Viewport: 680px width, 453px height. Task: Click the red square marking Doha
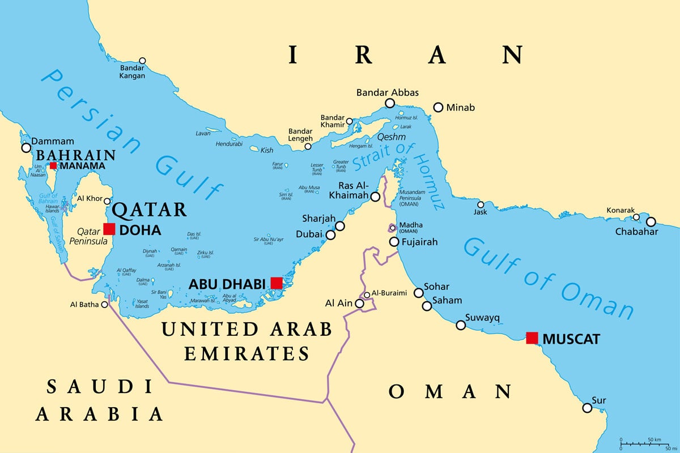pyautogui.click(x=109, y=229)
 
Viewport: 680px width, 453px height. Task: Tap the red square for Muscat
pyautogui.click(x=532, y=338)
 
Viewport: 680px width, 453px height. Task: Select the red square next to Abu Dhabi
pyautogui.click(x=277, y=283)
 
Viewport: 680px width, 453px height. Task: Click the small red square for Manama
pyautogui.click(x=53, y=166)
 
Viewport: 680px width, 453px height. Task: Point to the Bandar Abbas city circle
pyautogui.click(x=390, y=103)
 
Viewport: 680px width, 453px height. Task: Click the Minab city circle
pyautogui.click(x=438, y=107)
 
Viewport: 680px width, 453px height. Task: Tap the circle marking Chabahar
pyautogui.click(x=651, y=221)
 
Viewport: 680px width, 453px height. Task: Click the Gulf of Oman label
pyautogui.click(x=547, y=277)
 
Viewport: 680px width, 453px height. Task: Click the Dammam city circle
pyautogui.click(x=26, y=148)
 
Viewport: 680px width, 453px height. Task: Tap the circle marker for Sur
pyautogui.click(x=588, y=408)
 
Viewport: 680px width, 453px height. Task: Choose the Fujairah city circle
pyautogui.click(x=394, y=242)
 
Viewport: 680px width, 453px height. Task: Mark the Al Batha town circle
pyautogui.click(x=104, y=305)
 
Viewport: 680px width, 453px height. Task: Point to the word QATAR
pyautogui.click(x=150, y=210)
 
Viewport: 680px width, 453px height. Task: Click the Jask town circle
pyautogui.click(x=481, y=205)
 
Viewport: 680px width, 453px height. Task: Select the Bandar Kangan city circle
pyautogui.click(x=142, y=61)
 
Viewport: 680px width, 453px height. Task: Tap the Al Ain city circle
pyautogui.click(x=359, y=304)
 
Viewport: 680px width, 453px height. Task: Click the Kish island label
pyautogui.click(x=266, y=150)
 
